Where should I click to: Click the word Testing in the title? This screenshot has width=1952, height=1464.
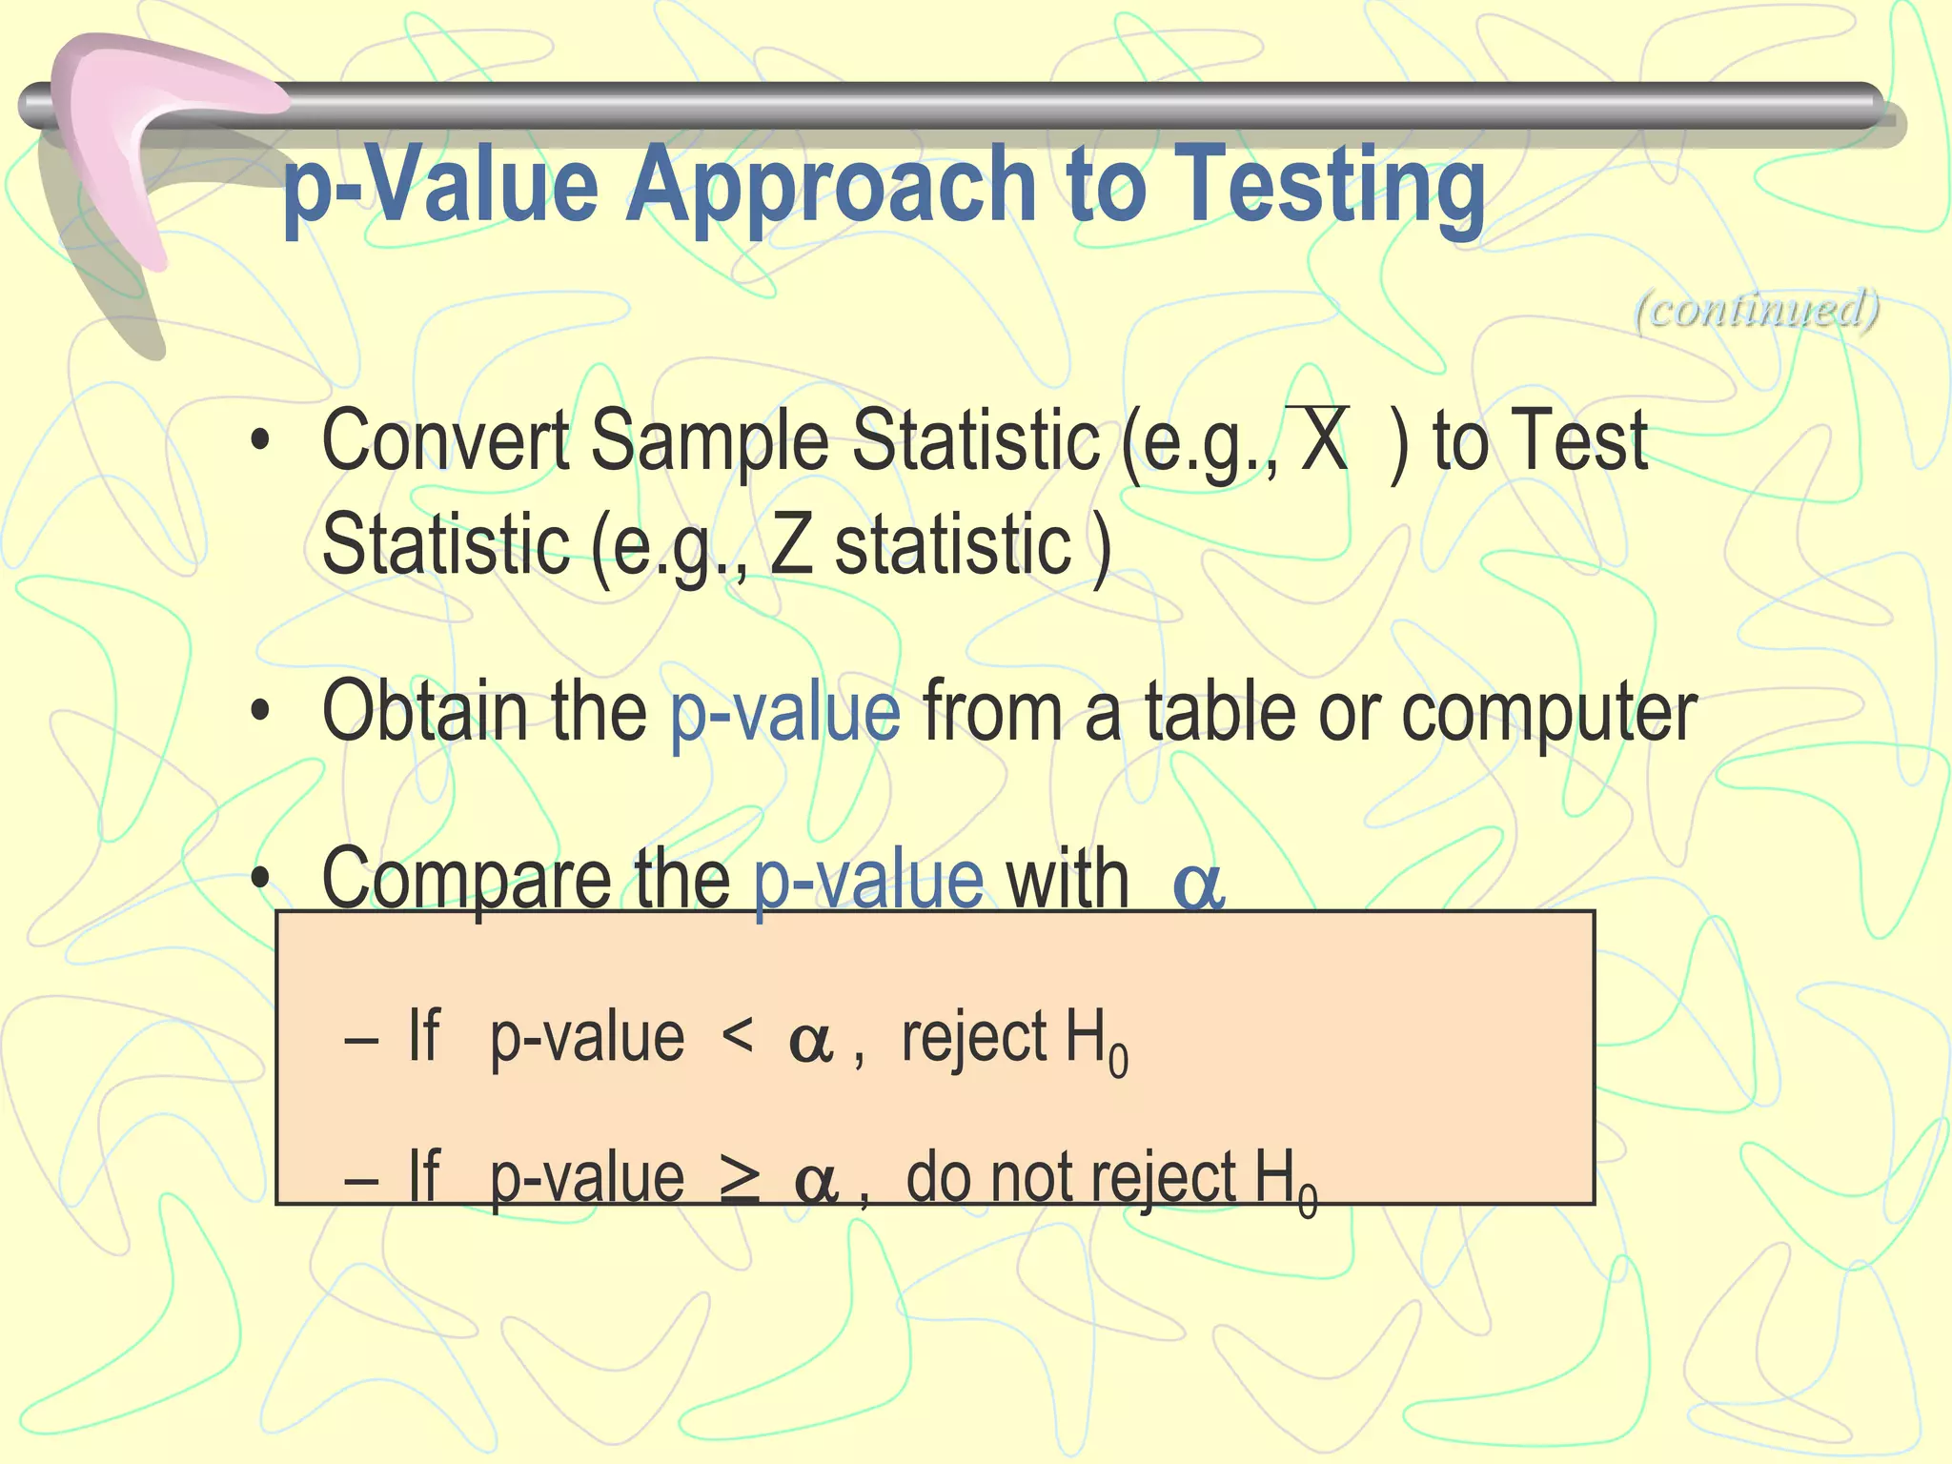coord(1334,186)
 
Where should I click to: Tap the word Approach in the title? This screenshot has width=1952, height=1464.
coord(829,186)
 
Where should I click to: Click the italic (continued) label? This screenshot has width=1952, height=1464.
coord(1757,309)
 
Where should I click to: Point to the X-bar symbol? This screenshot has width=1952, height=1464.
coord(1324,439)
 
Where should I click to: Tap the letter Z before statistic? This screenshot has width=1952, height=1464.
coord(790,545)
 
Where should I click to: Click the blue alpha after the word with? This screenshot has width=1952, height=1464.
coord(1198,886)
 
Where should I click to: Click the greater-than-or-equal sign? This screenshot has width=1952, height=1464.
coord(740,1178)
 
